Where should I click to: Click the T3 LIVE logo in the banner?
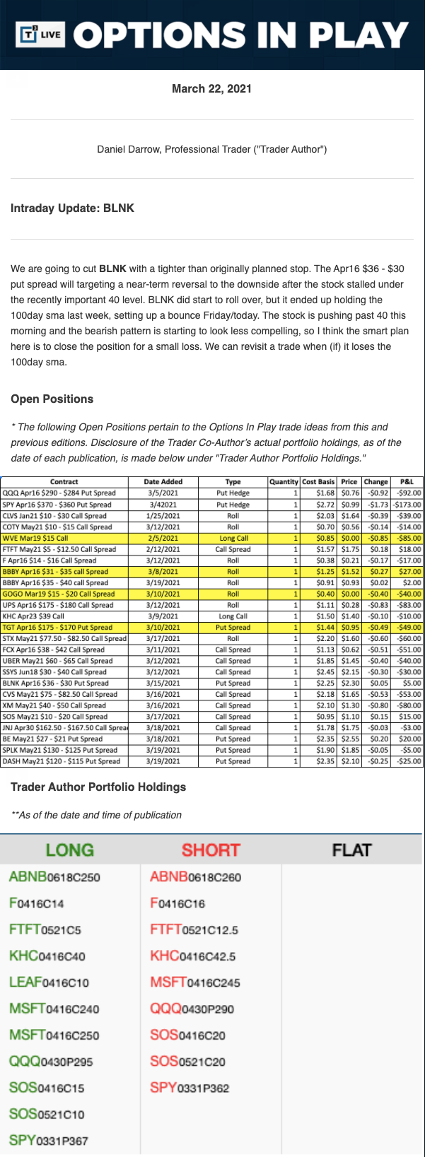(42, 34)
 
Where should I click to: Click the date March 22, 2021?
(211, 88)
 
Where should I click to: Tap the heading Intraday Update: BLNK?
(72, 208)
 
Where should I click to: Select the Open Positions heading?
(52, 399)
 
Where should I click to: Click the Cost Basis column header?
(318, 481)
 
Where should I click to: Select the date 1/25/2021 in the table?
(163, 515)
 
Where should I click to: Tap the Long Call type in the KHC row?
(233, 616)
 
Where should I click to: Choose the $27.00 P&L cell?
(409, 571)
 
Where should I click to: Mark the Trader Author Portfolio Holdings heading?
(98, 787)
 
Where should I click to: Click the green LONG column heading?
(69, 850)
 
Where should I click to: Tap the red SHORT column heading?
(211, 850)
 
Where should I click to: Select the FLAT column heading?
(351, 850)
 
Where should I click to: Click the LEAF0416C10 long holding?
(49, 982)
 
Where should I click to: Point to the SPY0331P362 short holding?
(190, 1088)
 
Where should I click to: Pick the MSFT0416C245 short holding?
(195, 982)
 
